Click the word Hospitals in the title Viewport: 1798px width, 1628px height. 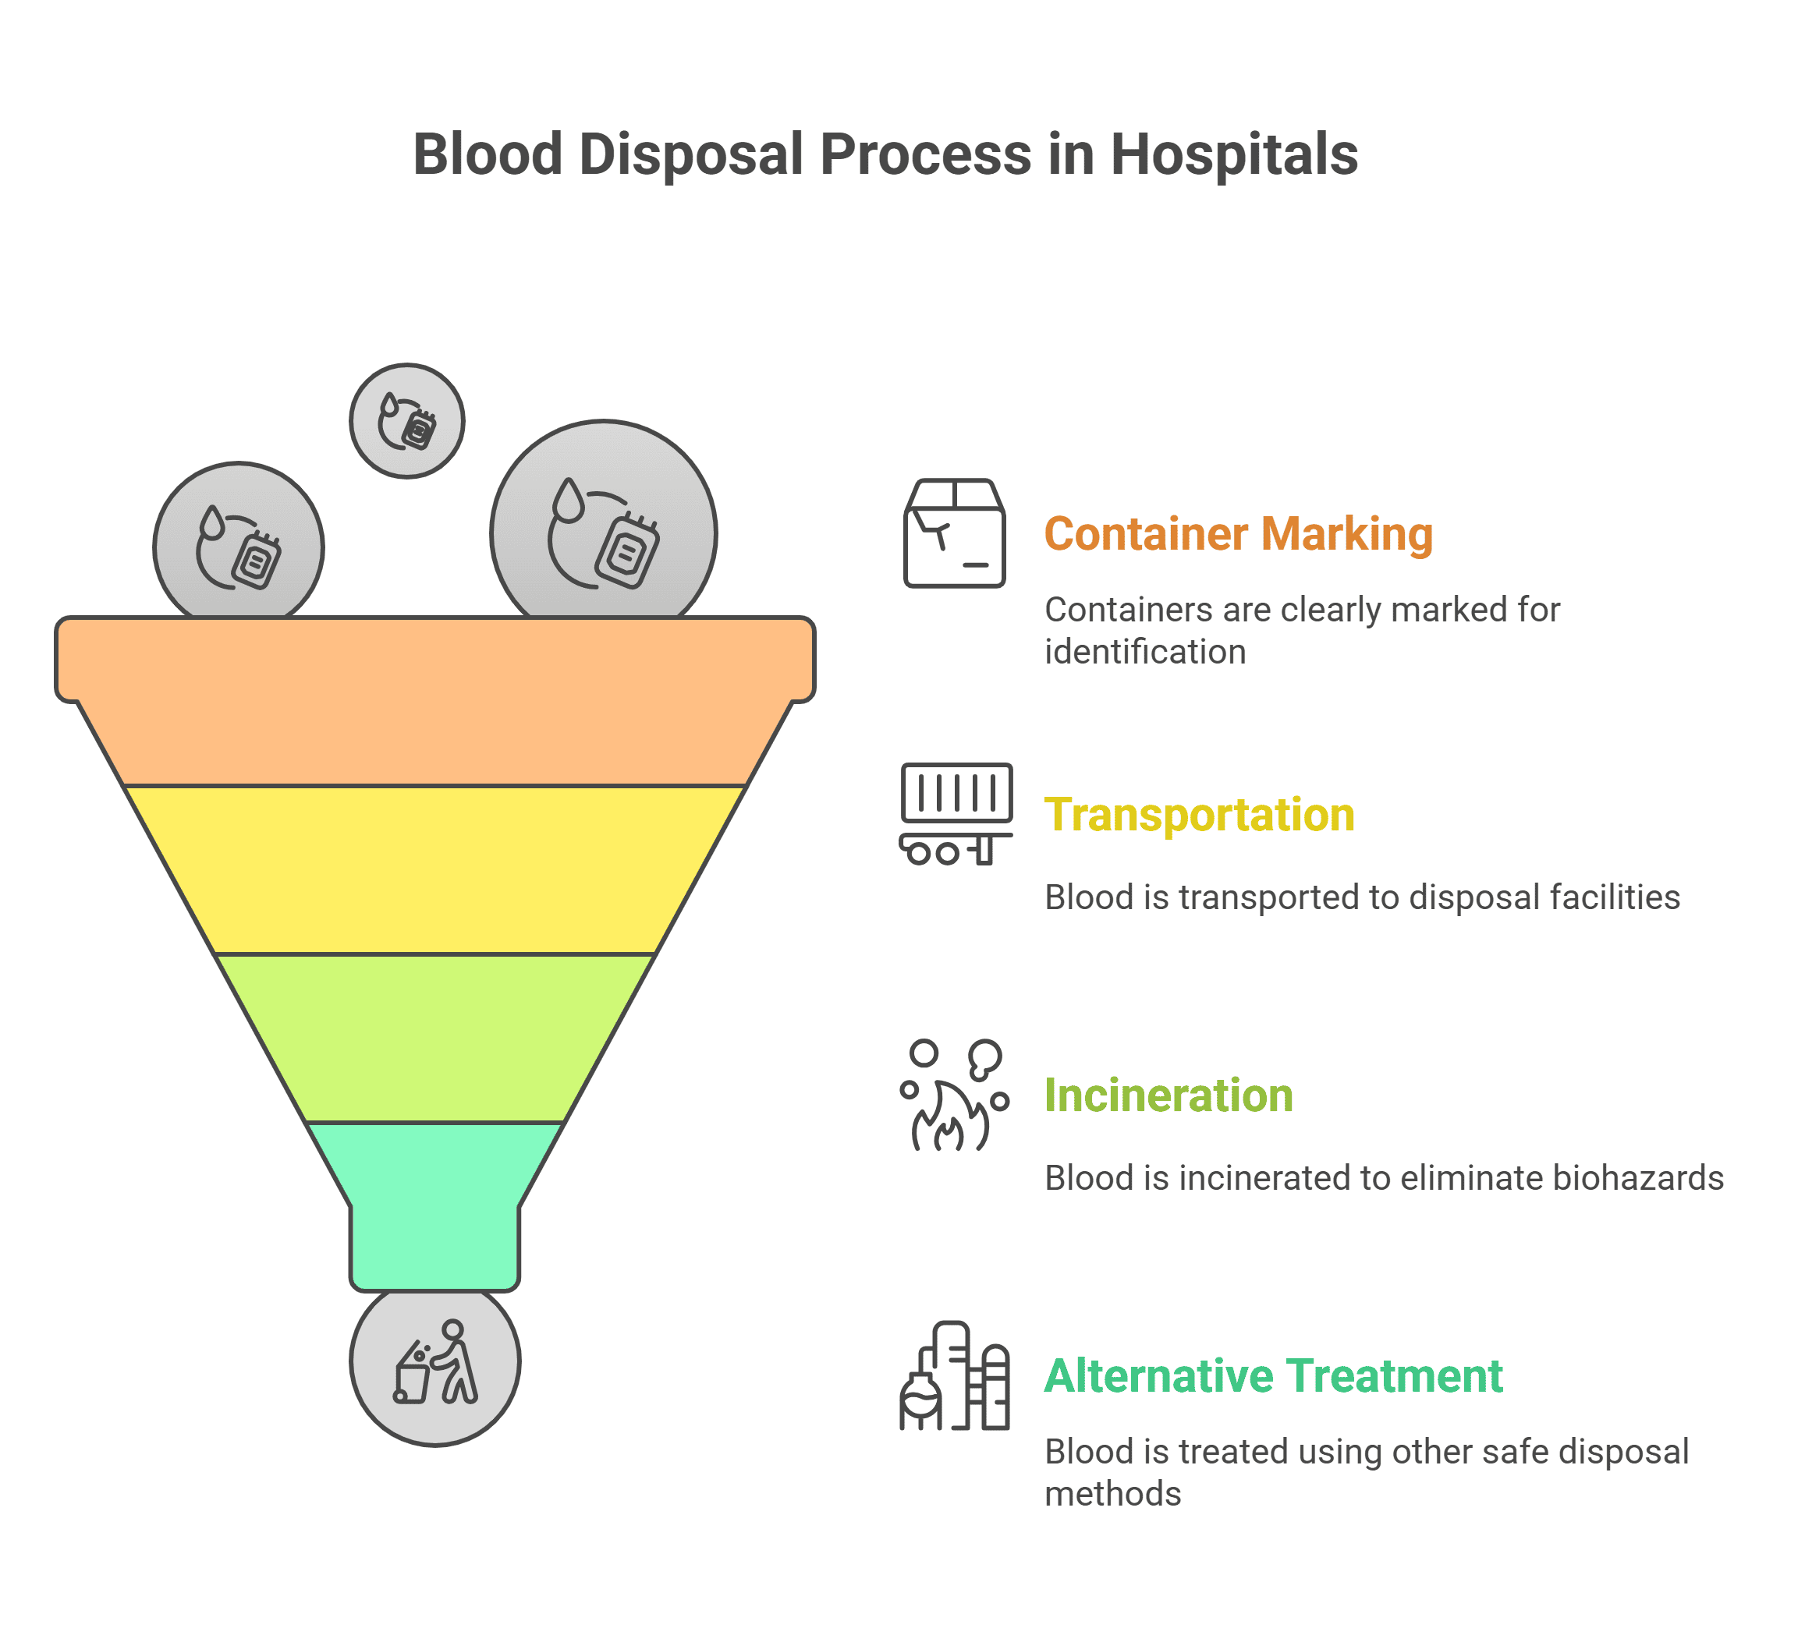[1233, 154]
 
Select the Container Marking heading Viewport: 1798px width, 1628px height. [1238, 534]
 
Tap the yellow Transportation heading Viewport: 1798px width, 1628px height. [1200, 815]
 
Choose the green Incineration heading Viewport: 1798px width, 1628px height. [1169, 1095]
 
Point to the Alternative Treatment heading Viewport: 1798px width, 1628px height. [1274, 1375]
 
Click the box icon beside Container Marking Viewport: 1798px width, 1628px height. [954, 533]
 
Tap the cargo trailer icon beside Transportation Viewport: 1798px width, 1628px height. [956, 813]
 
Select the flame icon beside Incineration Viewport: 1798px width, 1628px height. [952, 1096]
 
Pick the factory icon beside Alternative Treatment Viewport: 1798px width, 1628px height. [954, 1377]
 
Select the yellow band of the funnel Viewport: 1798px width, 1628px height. [435, 869]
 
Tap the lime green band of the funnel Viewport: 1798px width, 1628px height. [435, 1038]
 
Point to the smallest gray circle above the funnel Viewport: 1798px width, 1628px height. [406, 421]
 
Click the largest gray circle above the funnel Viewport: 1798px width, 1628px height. [604, 526]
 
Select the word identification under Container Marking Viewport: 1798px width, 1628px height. [1145, 652]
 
